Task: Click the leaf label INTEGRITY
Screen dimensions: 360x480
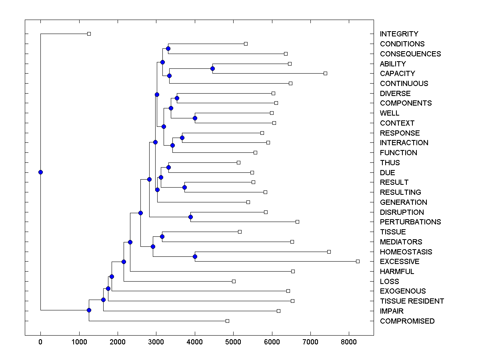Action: point(399,34)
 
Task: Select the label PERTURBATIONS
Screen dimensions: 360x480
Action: point(410,222)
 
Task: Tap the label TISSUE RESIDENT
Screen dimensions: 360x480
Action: point(412,301)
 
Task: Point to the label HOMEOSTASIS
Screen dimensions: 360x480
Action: point(406,252)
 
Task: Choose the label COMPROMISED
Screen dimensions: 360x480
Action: point(407,321)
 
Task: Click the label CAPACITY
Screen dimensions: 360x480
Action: point(397,74)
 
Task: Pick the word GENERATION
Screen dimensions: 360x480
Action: point(403,202)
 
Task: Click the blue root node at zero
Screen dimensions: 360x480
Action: point(40,172)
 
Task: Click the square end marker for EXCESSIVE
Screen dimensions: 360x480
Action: point(358,261)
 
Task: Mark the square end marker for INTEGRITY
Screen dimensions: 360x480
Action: point(89,34)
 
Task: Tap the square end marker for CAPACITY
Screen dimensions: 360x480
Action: point(325,73)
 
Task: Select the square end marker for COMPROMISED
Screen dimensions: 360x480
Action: point(227,321)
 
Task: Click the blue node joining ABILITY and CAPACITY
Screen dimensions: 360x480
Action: point(212,69)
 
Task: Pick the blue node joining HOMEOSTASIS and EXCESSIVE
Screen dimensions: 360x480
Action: point(195,256)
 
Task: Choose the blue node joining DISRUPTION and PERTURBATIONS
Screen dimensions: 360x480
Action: point(190,217)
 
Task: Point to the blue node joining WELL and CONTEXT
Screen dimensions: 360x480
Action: point(195,118)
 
